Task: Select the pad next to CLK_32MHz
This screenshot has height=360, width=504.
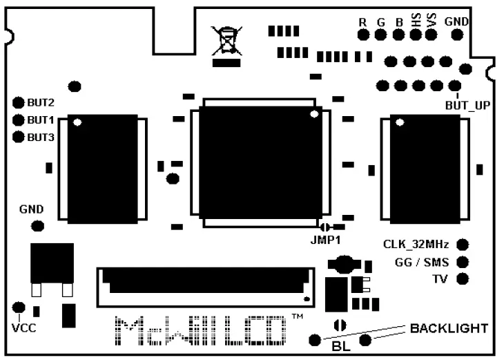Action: tap(463, 244)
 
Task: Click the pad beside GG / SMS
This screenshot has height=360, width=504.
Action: tap(463, 262)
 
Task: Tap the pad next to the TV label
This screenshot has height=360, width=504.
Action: tap(463, 279)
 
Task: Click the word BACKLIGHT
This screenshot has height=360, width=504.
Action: tap(449, 328)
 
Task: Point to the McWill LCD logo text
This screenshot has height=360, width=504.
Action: tap(200, 332)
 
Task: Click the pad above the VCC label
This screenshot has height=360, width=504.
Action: tap(19, 307)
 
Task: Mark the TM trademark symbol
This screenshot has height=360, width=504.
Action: tap(297, 317)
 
